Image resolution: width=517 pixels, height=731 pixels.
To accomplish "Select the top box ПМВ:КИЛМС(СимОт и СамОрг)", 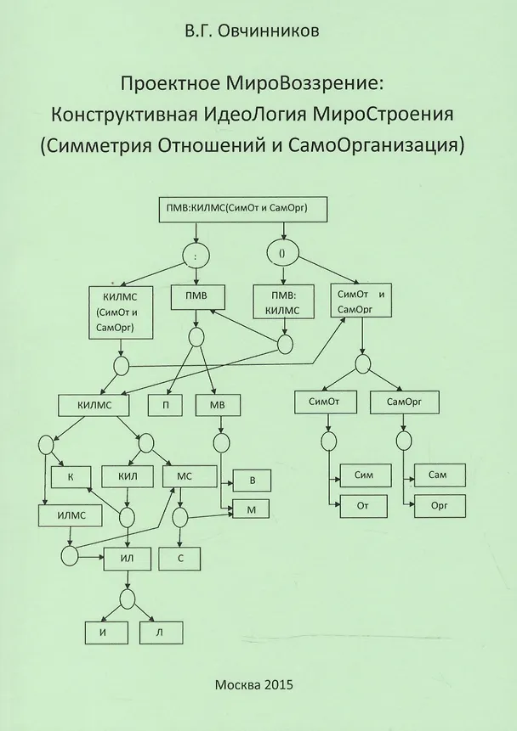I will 243,208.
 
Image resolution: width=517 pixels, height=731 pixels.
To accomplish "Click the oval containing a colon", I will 197,254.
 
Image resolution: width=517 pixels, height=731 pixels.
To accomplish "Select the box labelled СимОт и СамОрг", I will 361,301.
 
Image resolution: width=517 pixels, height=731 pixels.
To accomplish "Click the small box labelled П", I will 165,404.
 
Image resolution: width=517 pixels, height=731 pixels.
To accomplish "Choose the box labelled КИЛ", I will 127,476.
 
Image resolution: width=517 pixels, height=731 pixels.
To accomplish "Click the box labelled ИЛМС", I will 69,515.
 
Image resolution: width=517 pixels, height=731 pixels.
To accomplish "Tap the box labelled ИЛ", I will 128,557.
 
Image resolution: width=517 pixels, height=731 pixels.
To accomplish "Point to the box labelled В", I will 252,481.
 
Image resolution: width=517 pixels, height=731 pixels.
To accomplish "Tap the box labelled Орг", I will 439,506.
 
